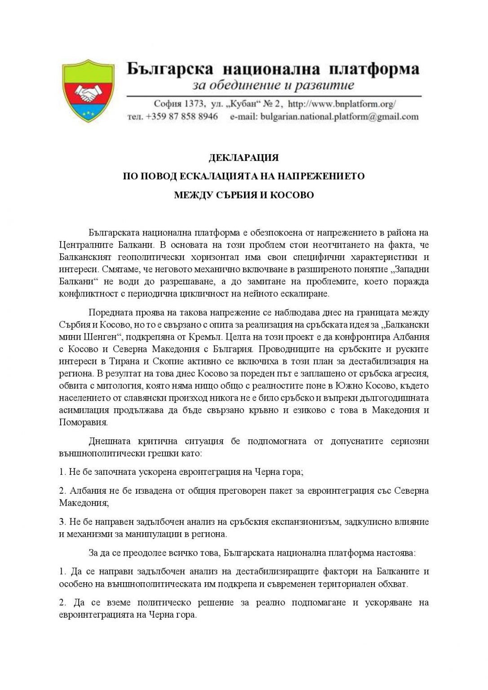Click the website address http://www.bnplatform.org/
pyautogui.click(x=342, y=104)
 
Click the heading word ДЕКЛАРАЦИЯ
pyautogui.click(x=244, y=158)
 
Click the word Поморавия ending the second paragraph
pyautogui.click(x=84, y=422)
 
